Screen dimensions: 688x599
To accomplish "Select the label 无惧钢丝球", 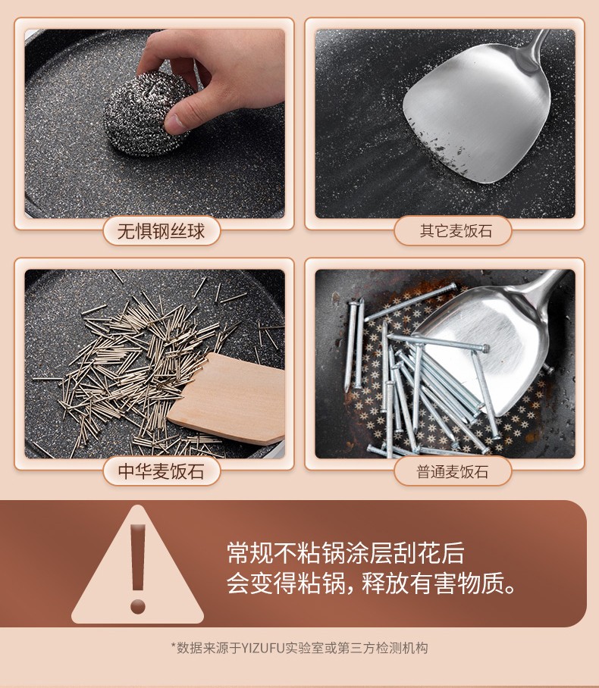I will (x=161, y=230).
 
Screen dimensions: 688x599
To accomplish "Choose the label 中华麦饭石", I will (x=161, y=471).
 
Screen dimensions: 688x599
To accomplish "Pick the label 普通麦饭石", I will (x=453, y=471).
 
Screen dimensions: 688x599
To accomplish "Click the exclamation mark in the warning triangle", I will (x=137, y=557).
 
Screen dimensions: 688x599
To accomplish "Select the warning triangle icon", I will (x=137, y=576).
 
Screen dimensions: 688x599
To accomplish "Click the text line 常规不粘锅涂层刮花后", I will (x=345, y=552).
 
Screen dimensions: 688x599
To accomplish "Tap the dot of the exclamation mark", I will (x=137, y=605).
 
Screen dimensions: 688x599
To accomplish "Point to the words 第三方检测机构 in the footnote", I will (x=390, y=648).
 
